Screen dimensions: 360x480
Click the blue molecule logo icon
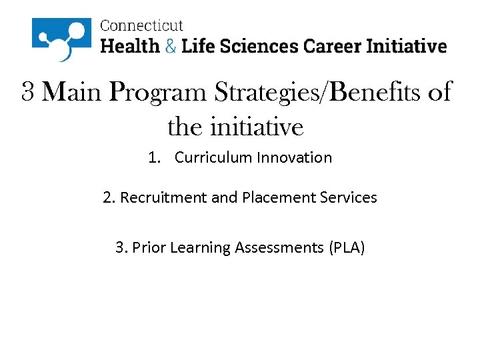coord(61,39)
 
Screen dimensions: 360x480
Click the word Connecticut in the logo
coord(141,26)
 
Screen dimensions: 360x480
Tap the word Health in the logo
coord(130,46)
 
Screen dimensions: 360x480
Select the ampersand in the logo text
coord(171,46)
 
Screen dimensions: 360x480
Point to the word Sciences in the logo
coord(261,46)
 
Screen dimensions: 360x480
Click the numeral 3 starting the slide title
coord(28,92)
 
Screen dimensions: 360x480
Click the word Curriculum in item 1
coord(213,158)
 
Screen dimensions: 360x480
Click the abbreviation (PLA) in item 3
coord(346,248)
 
